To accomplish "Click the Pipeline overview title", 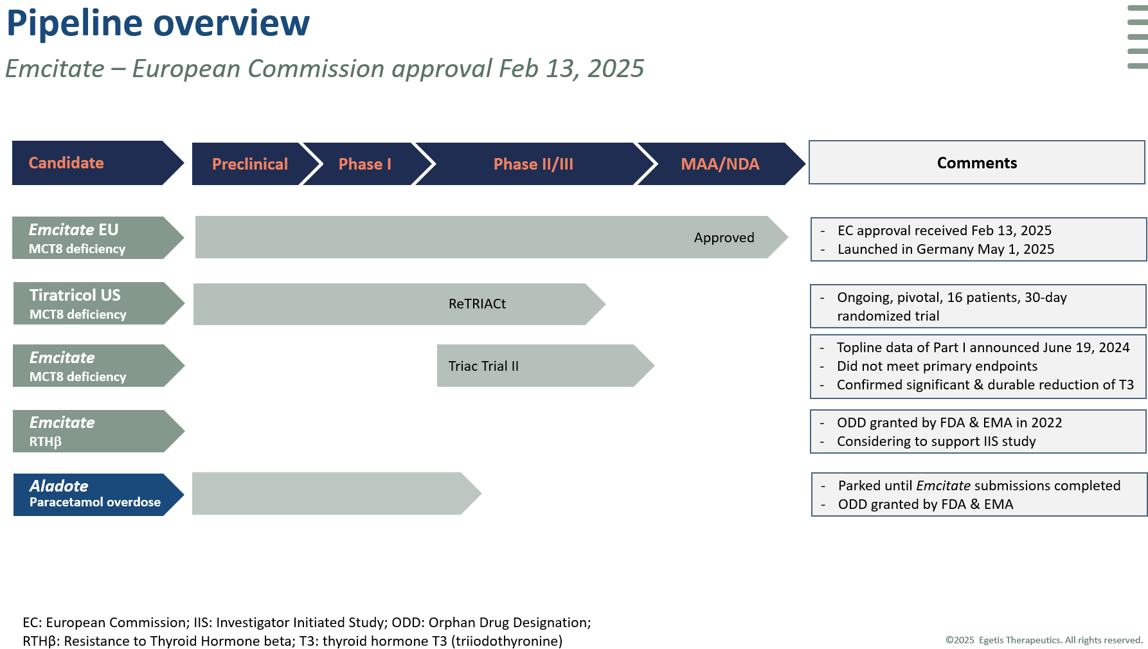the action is [x=158, y=23].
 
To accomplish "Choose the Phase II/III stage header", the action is [x=533, y=164].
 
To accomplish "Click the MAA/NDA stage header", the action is [x=720, y=164].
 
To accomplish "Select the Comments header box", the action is [x=976, y=163].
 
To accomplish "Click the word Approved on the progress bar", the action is [x=724, y=238].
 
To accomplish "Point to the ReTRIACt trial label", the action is [x=477, y=304].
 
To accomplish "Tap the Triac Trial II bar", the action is [x=546, y=366].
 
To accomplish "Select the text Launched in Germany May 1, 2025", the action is [x=946, y=249].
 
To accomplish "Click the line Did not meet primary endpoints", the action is [x=937, y=366].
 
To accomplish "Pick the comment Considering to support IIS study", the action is [x=937, y=441].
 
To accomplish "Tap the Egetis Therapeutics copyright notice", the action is [x=1044, y=640].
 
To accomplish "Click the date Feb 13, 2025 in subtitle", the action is [x=571, y=69].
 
